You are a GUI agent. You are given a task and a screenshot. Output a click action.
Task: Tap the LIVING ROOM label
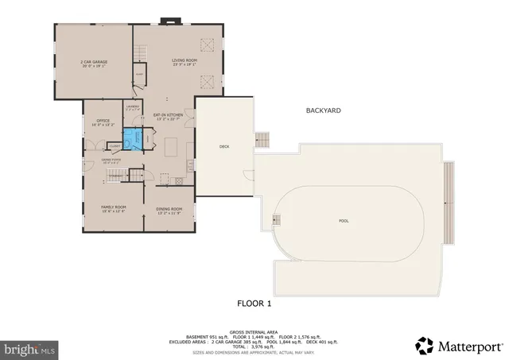click(x=185, y=61)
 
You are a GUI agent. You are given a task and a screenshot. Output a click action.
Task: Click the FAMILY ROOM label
click(x=114, y=208)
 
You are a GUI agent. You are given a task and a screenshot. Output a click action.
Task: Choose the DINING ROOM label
click(x=169, y=210)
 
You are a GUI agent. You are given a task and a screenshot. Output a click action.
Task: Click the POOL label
click(x=344, y=220)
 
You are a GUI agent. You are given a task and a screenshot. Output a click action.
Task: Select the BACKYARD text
click(x=324, y=110)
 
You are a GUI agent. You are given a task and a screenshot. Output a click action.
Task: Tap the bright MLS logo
click(x=30, y=348)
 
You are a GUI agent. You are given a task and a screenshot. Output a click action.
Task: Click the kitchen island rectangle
click(x=171, y=149)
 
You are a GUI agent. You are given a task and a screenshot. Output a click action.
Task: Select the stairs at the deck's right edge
click(x=263, y=141)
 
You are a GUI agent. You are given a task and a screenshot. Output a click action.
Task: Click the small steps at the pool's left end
click(x=278, y=219)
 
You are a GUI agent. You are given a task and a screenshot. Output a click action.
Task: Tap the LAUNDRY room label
click(x=133, y=108)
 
